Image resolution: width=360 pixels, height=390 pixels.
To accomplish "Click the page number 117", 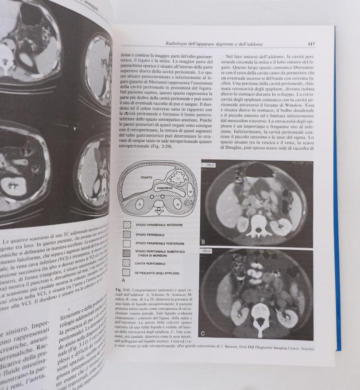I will [x=311, y=44].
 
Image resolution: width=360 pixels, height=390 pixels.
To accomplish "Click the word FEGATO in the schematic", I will [x=147, y=177].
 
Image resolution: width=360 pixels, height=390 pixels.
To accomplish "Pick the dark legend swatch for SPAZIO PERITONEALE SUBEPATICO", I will [x=127, y=253].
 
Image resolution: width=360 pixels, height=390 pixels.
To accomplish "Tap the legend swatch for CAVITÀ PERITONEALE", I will [x=127, y=263].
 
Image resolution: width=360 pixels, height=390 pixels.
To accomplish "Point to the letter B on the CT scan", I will [x=203, y=242].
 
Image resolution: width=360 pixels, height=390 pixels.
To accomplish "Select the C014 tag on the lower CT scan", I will [x=206, y=252].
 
